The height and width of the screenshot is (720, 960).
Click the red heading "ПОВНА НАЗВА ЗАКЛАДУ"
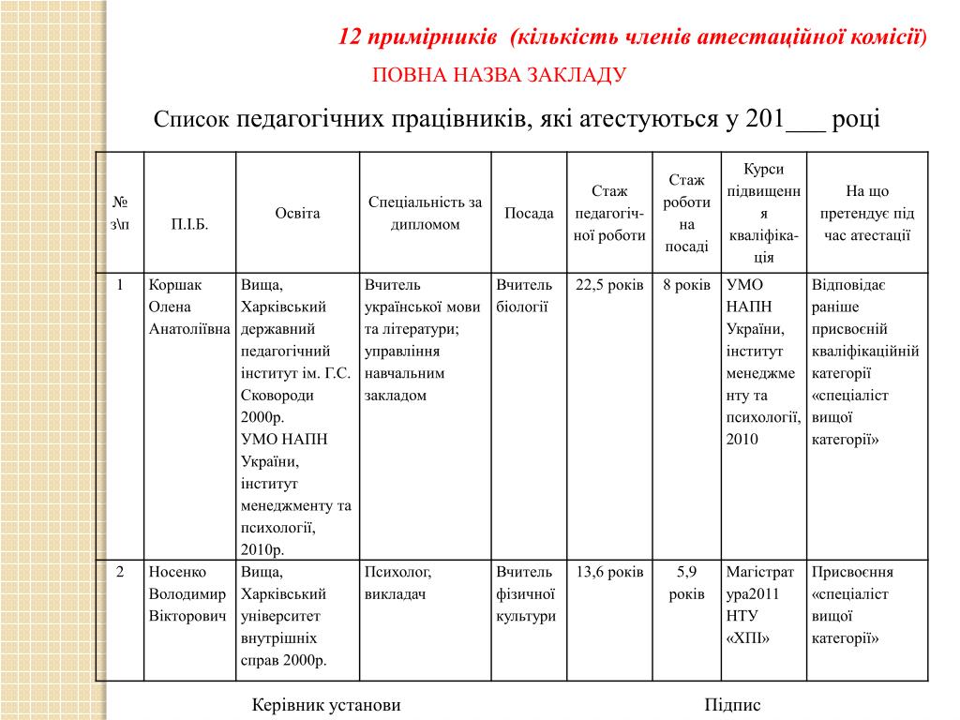point(499,75)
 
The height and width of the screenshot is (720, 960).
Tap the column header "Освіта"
point(297,213)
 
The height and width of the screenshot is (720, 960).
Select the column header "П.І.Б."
point(189,225)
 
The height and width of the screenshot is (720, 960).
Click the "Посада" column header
point(529,214)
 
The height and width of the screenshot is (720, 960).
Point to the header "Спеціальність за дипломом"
point(425,213)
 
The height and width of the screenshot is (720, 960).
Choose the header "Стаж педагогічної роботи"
point(609,213)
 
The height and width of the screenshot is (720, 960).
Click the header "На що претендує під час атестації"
point(867,213)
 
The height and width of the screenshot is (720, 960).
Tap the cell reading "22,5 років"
point(609,285)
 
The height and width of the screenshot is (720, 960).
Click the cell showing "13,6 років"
point(609,572)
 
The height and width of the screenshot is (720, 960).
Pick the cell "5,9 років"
point(686,583)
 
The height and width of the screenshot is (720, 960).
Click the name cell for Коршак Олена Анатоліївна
point(189,307)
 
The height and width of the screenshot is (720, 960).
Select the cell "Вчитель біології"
point(524,295)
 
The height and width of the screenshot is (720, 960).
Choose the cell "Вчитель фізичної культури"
point(526,593)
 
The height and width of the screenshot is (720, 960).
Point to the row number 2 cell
point(120,572)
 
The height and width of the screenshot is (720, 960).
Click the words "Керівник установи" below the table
point(326,705)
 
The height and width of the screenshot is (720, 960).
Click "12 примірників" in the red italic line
point(417,37)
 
